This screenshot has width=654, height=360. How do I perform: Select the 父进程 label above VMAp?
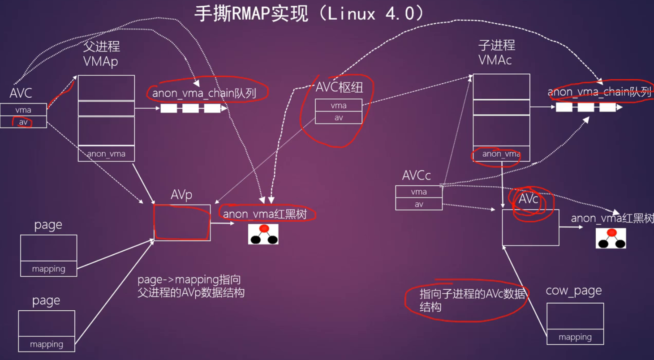click(101, 47)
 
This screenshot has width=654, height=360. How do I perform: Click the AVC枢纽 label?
click(339, 87)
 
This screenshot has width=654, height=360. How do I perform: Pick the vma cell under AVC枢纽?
click(338, 106)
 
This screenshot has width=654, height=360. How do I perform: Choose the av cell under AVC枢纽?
click(338, 117)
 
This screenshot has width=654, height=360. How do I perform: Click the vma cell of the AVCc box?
click(418, 192)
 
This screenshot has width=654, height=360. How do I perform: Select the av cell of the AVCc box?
click(418, 204)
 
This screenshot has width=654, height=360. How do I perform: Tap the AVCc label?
click(416, 176)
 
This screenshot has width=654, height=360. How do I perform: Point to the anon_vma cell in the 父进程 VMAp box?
click(106, 154)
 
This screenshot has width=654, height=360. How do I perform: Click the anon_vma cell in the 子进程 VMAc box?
click(501, 154)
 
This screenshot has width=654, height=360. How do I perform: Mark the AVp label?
click(181, 196)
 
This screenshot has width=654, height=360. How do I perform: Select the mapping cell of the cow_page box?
click(575, 337)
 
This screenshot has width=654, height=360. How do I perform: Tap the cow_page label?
click(573, 291)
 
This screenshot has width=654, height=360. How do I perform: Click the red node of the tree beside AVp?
click(264, 229)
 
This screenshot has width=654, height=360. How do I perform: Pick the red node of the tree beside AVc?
click(611, 233)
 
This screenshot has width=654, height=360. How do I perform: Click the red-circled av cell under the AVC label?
click(23, 122)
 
